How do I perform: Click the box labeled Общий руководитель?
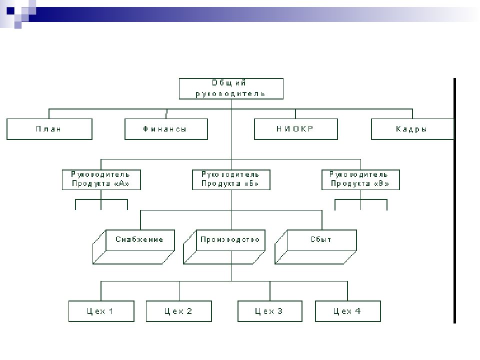[x=231, y=88]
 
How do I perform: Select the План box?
[x=49, y=129]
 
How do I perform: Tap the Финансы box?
[x=166, y=129]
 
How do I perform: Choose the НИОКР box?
[x=295, y=129]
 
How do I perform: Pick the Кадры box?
[x=412, y=129]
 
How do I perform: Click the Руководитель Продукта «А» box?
[x=101, y=179]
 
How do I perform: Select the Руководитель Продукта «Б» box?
[x=231, y=179]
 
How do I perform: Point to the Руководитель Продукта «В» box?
[x=360, y=179]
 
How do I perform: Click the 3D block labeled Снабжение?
[x=133, y=246]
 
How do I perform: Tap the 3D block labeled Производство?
[x=224, y=246]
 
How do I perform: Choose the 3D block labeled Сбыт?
[x=315, y=246]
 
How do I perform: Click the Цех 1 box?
[x=101, y=311]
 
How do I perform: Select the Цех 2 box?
[x=179, y=311]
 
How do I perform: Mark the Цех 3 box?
[x=270, y=311]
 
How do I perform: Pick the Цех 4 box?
[x=348, y=311]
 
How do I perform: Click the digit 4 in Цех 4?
[x=357, y=311]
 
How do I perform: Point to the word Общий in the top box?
[x=228, y=83]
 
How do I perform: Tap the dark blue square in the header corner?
[x=10, y=11]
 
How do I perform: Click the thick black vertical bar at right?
[x=454, y=200]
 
